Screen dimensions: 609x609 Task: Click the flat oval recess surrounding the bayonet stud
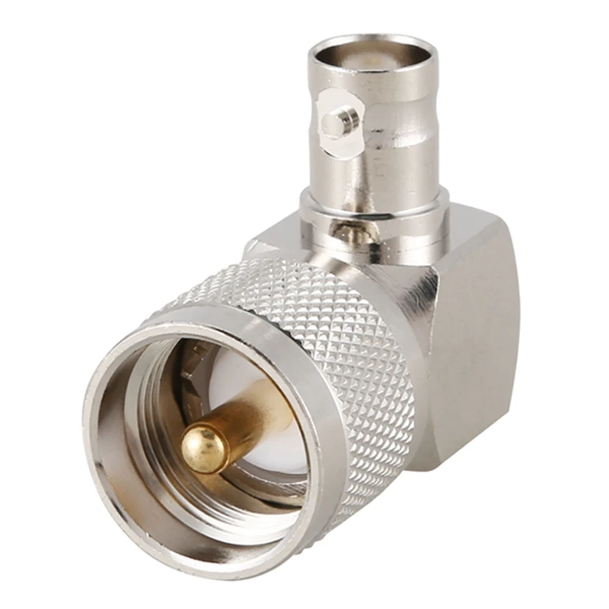pos(327,107)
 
